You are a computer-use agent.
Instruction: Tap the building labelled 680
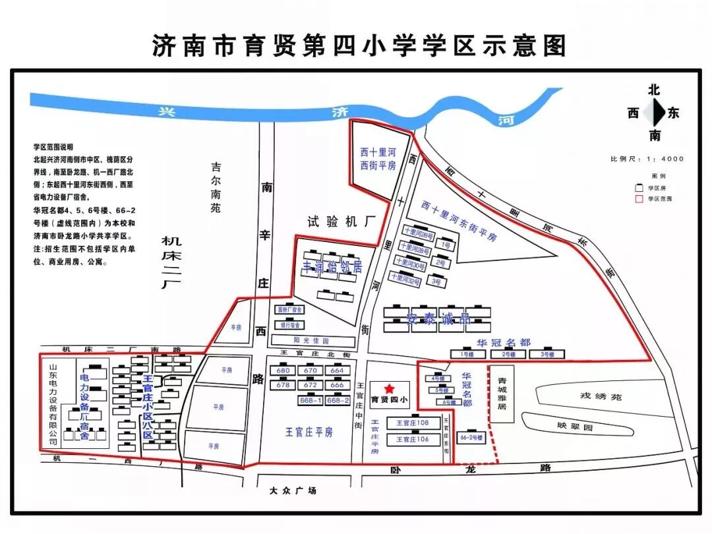pos(283,371)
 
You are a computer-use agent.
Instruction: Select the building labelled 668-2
pos(338,400)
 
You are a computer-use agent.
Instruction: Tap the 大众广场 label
pos(293,490)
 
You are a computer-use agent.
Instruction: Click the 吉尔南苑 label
pos(216,187)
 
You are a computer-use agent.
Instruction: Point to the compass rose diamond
pos(654,113)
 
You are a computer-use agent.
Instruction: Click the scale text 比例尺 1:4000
pos(647,159)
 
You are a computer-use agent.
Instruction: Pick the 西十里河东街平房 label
pos(459,222)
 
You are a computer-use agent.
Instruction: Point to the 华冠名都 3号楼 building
pos(546,355)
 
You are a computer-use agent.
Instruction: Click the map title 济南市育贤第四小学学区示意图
pos(359,46)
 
